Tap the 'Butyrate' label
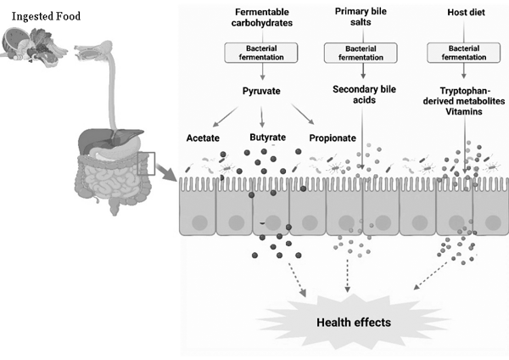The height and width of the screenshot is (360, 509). tap(268, 136)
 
